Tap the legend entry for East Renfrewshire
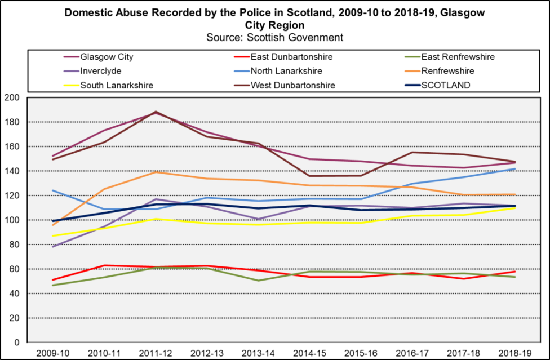click(458, 57)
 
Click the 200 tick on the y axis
click(12, 97)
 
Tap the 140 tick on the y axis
click(12, 171)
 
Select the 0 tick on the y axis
click(17, 343)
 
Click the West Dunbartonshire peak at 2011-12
click(155, 112)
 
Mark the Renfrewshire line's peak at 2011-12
click(155, 172)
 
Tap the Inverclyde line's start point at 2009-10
click(53, 247)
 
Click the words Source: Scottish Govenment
click(275, 37)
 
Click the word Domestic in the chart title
click(85, 12)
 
